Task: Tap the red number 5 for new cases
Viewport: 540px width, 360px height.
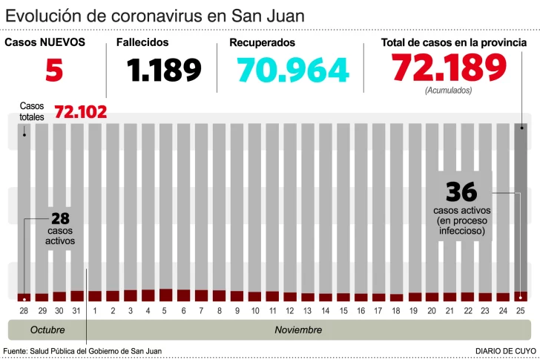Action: click(53, 70)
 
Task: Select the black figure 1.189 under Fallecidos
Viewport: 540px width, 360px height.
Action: click(164, 70)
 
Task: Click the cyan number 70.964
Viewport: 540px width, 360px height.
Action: click(293, 70)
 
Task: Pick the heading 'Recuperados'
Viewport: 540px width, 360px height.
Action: click(262, 43)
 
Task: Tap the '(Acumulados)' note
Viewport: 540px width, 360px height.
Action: click(448, 91)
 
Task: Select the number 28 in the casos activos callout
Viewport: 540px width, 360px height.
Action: click(60, 218)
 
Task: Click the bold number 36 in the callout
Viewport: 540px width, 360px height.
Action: click(461, 192)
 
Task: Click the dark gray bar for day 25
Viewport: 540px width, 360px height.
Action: click(521, 208)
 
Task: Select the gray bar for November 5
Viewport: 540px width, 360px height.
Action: click(165, 208)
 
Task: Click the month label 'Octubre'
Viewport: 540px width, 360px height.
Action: click(47, 330)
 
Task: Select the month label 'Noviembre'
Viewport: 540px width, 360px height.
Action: click(298, 330)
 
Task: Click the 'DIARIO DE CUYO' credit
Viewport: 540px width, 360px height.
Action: click(507, 350)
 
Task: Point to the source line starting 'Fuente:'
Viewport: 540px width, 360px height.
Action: click(82, 350)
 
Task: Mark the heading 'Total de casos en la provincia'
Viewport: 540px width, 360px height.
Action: click(453, 43)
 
